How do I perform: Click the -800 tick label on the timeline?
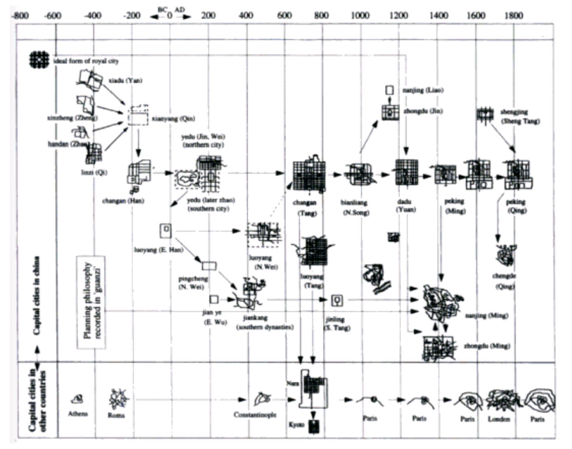pyautogui.click(x=20, y=15)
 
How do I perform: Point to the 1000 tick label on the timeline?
pyautogui.click(x=360, y=15)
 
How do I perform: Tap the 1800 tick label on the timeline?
pyautogui.click(x=513, y=15)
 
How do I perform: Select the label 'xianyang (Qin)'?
pyautogui.click(x=173, y=119)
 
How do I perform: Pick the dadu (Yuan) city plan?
pyautogui.click(x=407, y=172)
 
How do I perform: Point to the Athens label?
pyautogui.click(x=77, y=414)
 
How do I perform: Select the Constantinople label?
pyautogui.click(x=255, y=415)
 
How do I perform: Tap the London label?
pyautogui.click(x=499, y=419)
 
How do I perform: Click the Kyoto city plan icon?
pyautogui.click(x=314, y=426)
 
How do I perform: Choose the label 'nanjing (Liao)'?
pyautogui.click(x=422, y=90)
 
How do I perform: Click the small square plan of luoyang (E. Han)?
pyautogui.click(x=166, y=230)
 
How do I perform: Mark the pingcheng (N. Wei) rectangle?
pyautogui.click(x=209, y=266)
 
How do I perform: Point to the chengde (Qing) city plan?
pyautogui.click(x=506, y=255)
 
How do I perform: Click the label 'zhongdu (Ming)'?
pyautogui.click(x=487, y=346)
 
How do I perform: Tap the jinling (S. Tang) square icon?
pyautogui.click(x=337, y=301)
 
